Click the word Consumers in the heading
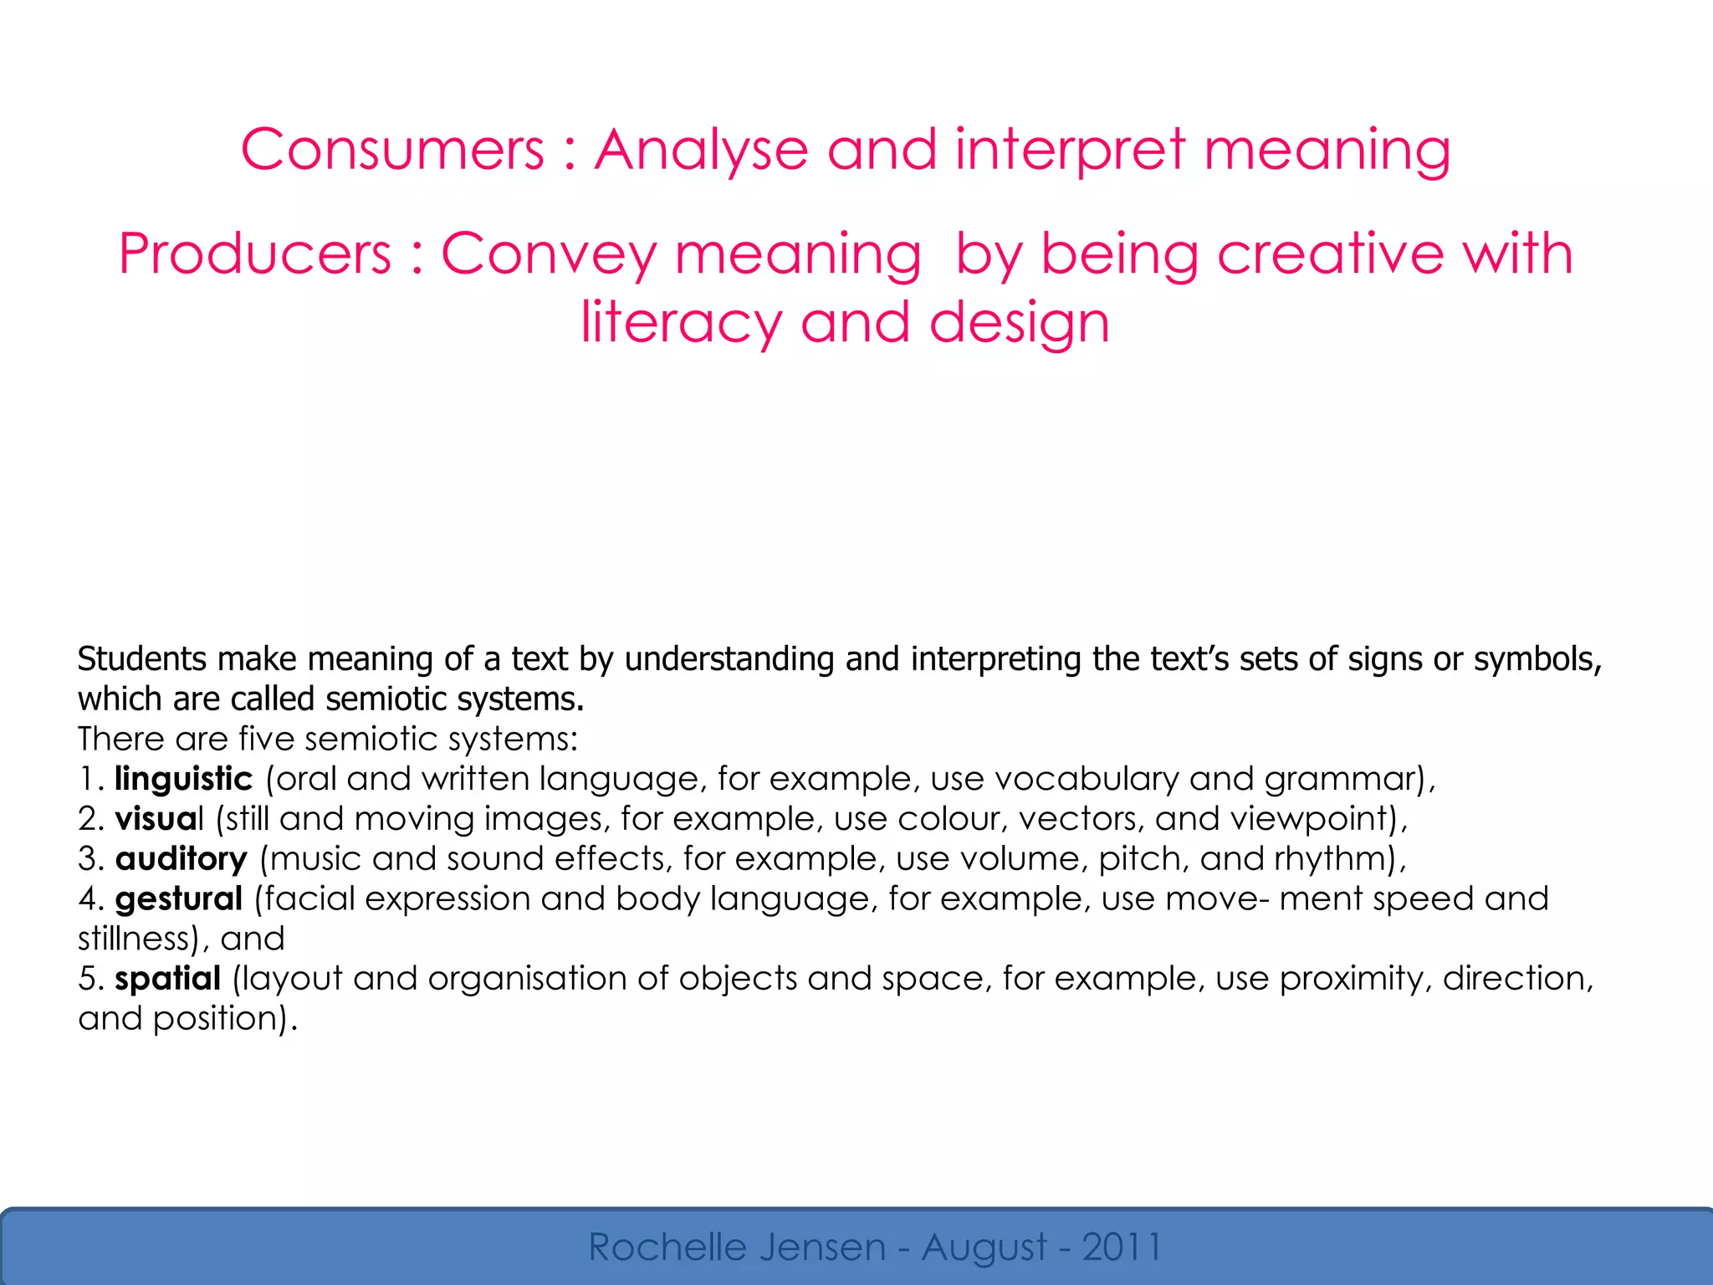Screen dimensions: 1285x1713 coord(392,151)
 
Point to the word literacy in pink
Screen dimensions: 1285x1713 coord(681,324)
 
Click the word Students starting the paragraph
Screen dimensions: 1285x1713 coord(142,659)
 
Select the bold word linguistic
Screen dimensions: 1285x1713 coord(183,780)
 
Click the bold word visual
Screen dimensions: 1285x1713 coord(159,819)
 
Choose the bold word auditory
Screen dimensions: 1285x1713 coord(182,860)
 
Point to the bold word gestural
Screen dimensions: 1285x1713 coord(179,900)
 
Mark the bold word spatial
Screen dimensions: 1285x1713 coord(168,980)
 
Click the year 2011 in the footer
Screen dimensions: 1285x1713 coord(1122,1247)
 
